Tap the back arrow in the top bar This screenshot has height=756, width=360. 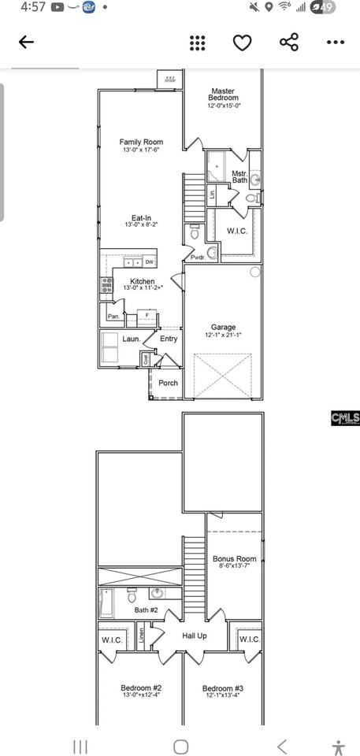click(26, 43)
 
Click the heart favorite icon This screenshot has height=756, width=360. click(242, 43)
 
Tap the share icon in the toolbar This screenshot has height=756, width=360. click(289, 43)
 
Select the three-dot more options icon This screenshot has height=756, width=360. click(336, 43)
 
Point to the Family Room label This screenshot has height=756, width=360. click(141, 146)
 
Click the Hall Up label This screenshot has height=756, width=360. click(195, 636)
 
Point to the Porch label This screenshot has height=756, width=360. click(168, 384)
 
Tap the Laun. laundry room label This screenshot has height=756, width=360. click(131, 339)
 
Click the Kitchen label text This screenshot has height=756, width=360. click(143, 281)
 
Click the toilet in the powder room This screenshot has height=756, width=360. click(195, 232)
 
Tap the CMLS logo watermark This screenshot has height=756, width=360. click(345, 418)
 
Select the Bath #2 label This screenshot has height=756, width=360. click(147, 610)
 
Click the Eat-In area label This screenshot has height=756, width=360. click(141, 220)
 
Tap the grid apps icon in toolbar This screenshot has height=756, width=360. click(198, 43)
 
